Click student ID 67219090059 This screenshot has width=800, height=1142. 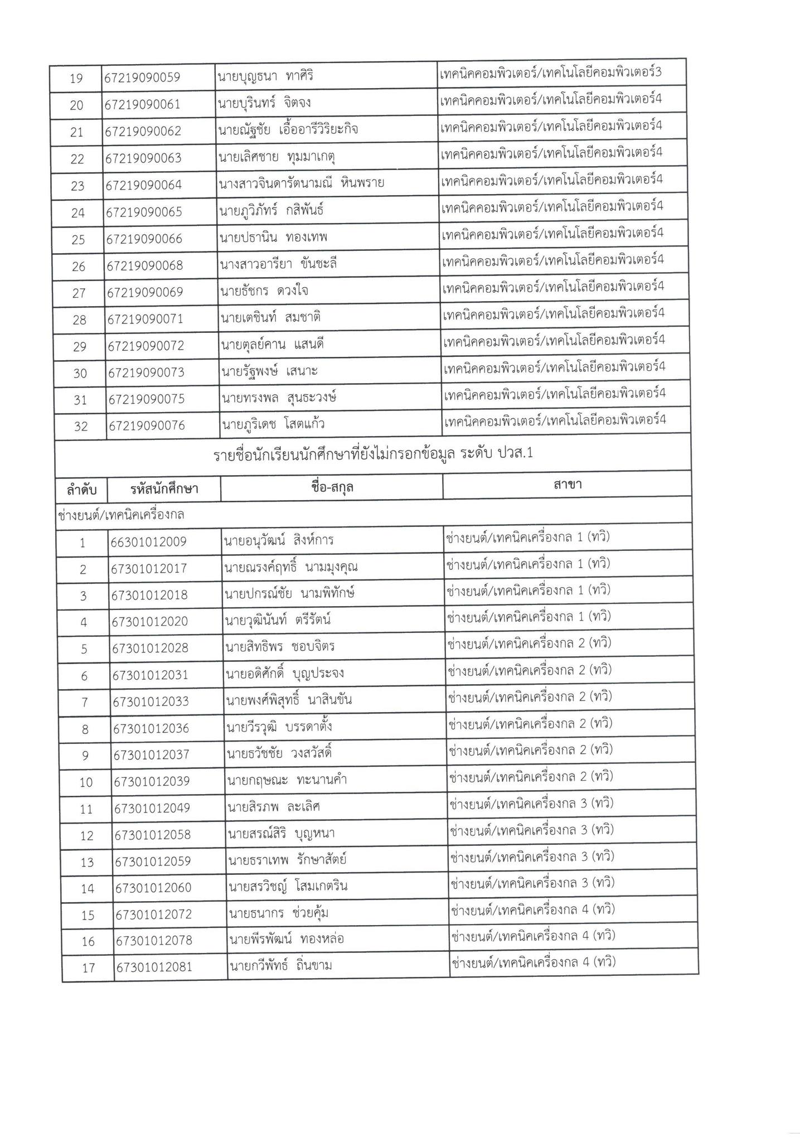142,78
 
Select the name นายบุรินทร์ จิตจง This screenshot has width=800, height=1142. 265,103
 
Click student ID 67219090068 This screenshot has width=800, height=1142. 145,265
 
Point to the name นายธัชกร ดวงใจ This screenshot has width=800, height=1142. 264,291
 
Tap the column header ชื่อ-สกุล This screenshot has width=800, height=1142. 332,487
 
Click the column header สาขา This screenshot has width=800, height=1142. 568,485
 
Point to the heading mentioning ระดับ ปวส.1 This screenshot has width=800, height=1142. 373,454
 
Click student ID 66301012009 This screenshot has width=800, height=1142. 149,541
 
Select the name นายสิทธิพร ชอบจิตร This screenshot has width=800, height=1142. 280,647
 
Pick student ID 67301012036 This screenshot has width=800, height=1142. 151,728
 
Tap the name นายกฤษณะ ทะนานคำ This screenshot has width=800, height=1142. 287,780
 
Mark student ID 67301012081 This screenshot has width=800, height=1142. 154,967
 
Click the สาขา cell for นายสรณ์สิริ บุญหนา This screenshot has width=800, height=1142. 531,830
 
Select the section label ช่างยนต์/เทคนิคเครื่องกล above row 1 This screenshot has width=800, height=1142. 121,515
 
